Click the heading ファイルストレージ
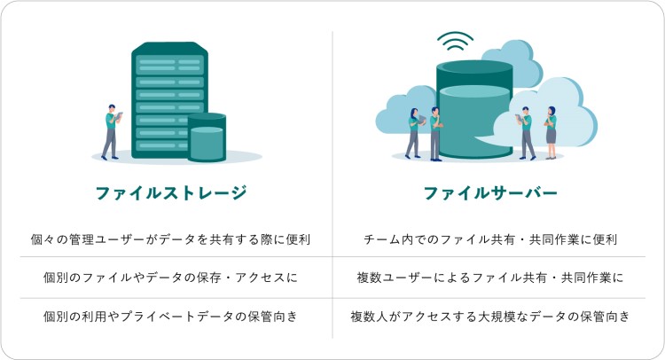tap(171, 193)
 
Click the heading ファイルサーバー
tap(490, 193)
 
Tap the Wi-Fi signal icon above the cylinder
tap(455, 41)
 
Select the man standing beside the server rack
tap(112, 132)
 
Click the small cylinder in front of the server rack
tap(207, 137)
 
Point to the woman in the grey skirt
tap(551, 133)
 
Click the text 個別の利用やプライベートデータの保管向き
tap(170, 317)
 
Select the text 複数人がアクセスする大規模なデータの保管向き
tap(489, 317)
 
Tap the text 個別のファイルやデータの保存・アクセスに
tap(170, 278)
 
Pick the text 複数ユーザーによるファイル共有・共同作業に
tap(489, 278)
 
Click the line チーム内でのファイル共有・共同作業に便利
tap(489, 239)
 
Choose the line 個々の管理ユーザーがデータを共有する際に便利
tap(170, 239)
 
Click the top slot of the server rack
tap(169, 65)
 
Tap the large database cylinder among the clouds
tap(474, 109)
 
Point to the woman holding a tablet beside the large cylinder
tap(413, 133)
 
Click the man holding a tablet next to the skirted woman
tap(526, 133)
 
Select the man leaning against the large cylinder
tap(435, 134)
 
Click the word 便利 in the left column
tap(298, 239)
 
